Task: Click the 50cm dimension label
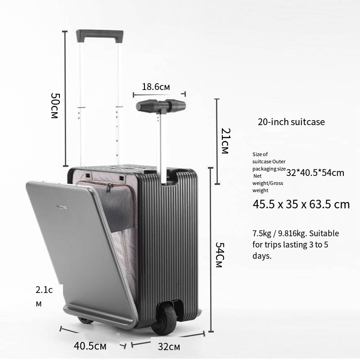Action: [55, 106]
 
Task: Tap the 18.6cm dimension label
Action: [156, 87]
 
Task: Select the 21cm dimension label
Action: [225, 141]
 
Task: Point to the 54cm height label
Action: [220, 255]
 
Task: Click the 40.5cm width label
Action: [90, 346]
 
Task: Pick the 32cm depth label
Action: [169, 346]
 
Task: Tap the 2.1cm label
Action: [44, 297]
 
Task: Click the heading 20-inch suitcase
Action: [291, 121]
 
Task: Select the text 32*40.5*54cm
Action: [315, 173]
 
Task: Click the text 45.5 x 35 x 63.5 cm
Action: [301, 204]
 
